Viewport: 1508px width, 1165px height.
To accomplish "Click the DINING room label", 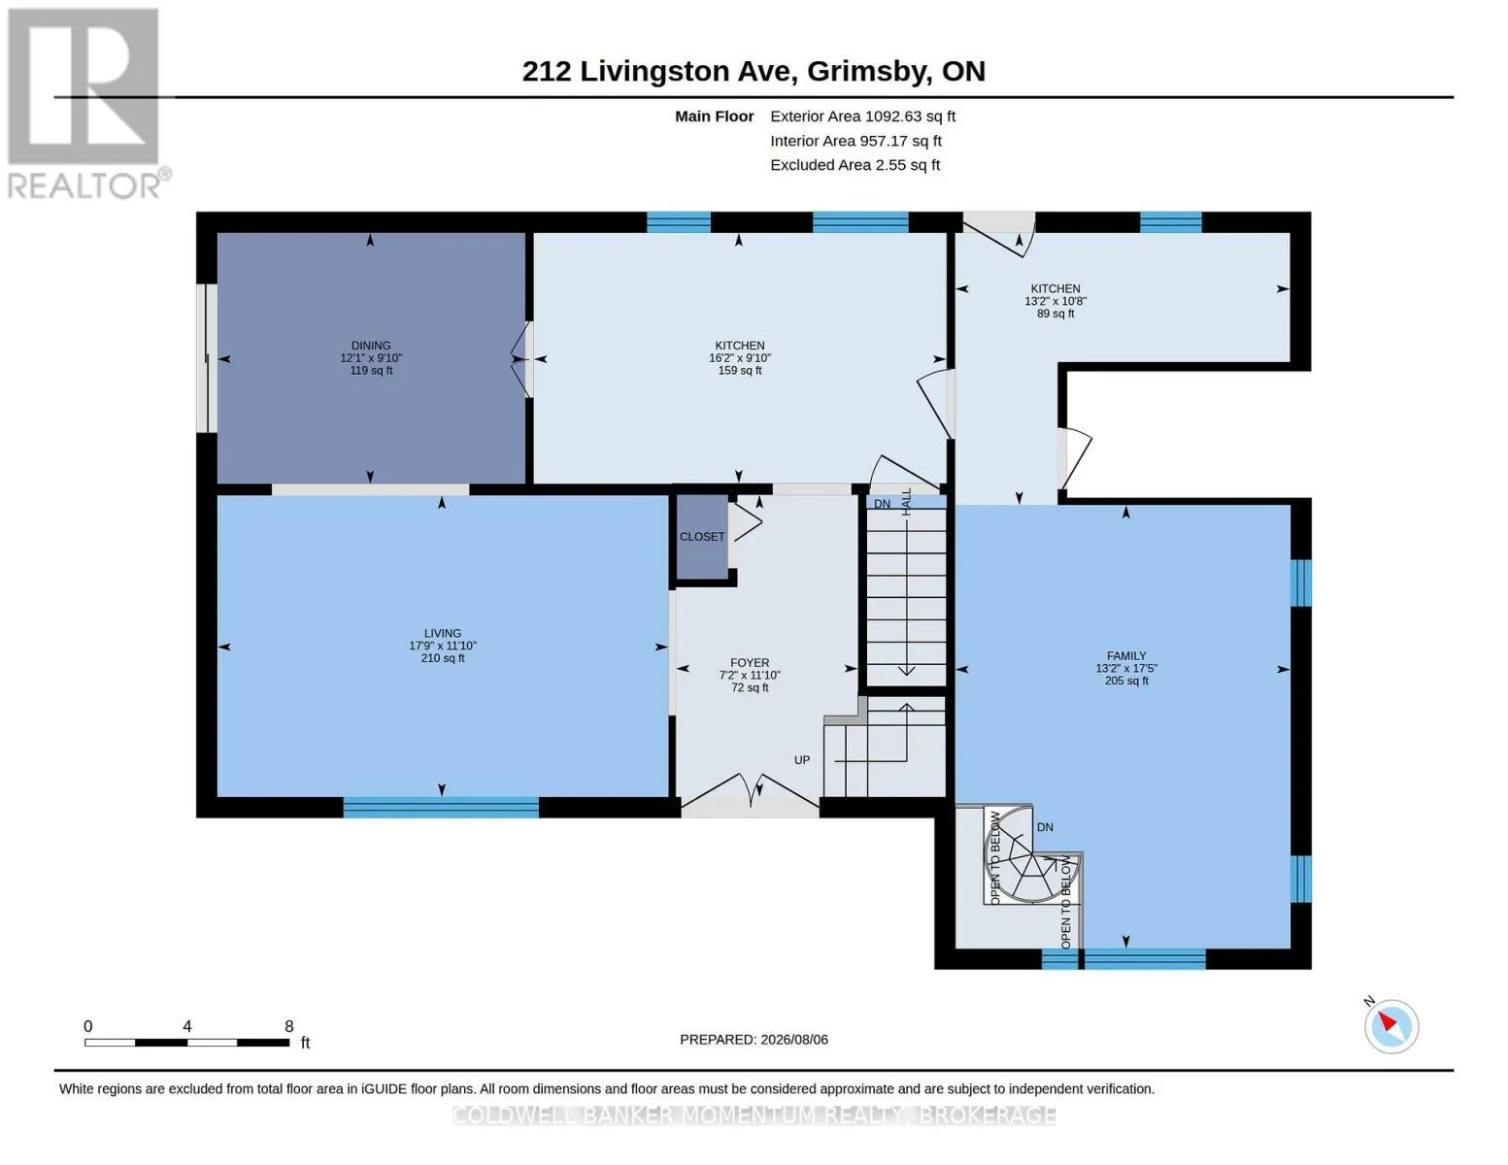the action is pos(371,345).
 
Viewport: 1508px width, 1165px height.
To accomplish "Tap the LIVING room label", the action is pos(442,633).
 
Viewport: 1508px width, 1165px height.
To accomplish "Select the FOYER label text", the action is pos(750,663).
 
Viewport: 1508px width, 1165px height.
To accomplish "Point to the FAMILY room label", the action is pos(1125,655).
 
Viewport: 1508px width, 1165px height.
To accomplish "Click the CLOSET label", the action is pos(702,536).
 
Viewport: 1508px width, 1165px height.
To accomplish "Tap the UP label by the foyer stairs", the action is pos(801,760).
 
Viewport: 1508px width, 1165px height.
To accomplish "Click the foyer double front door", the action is pos(751,793).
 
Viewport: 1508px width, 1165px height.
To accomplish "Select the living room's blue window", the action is pos(441,807).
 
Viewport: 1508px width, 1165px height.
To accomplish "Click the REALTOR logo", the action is pos(87,104).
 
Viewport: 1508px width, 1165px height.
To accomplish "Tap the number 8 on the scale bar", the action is pos(288,1025).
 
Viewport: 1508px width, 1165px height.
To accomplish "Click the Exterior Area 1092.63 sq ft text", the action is pos(862,116).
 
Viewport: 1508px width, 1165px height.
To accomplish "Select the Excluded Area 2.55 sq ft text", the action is pos(855,165).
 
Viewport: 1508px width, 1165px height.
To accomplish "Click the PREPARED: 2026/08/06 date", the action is pos(754,1040).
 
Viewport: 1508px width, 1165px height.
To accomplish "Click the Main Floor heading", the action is pos(714,116).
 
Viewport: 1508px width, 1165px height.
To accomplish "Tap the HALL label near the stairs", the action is pos(906,502).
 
